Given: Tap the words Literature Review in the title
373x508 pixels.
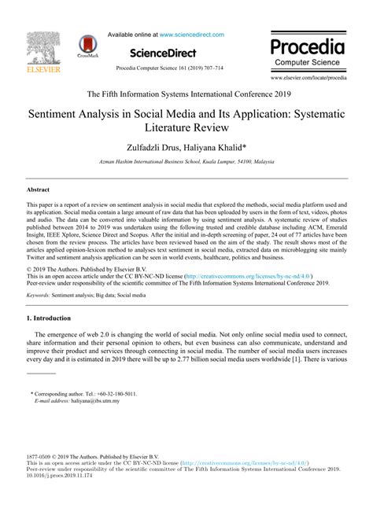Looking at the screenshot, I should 186,127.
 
